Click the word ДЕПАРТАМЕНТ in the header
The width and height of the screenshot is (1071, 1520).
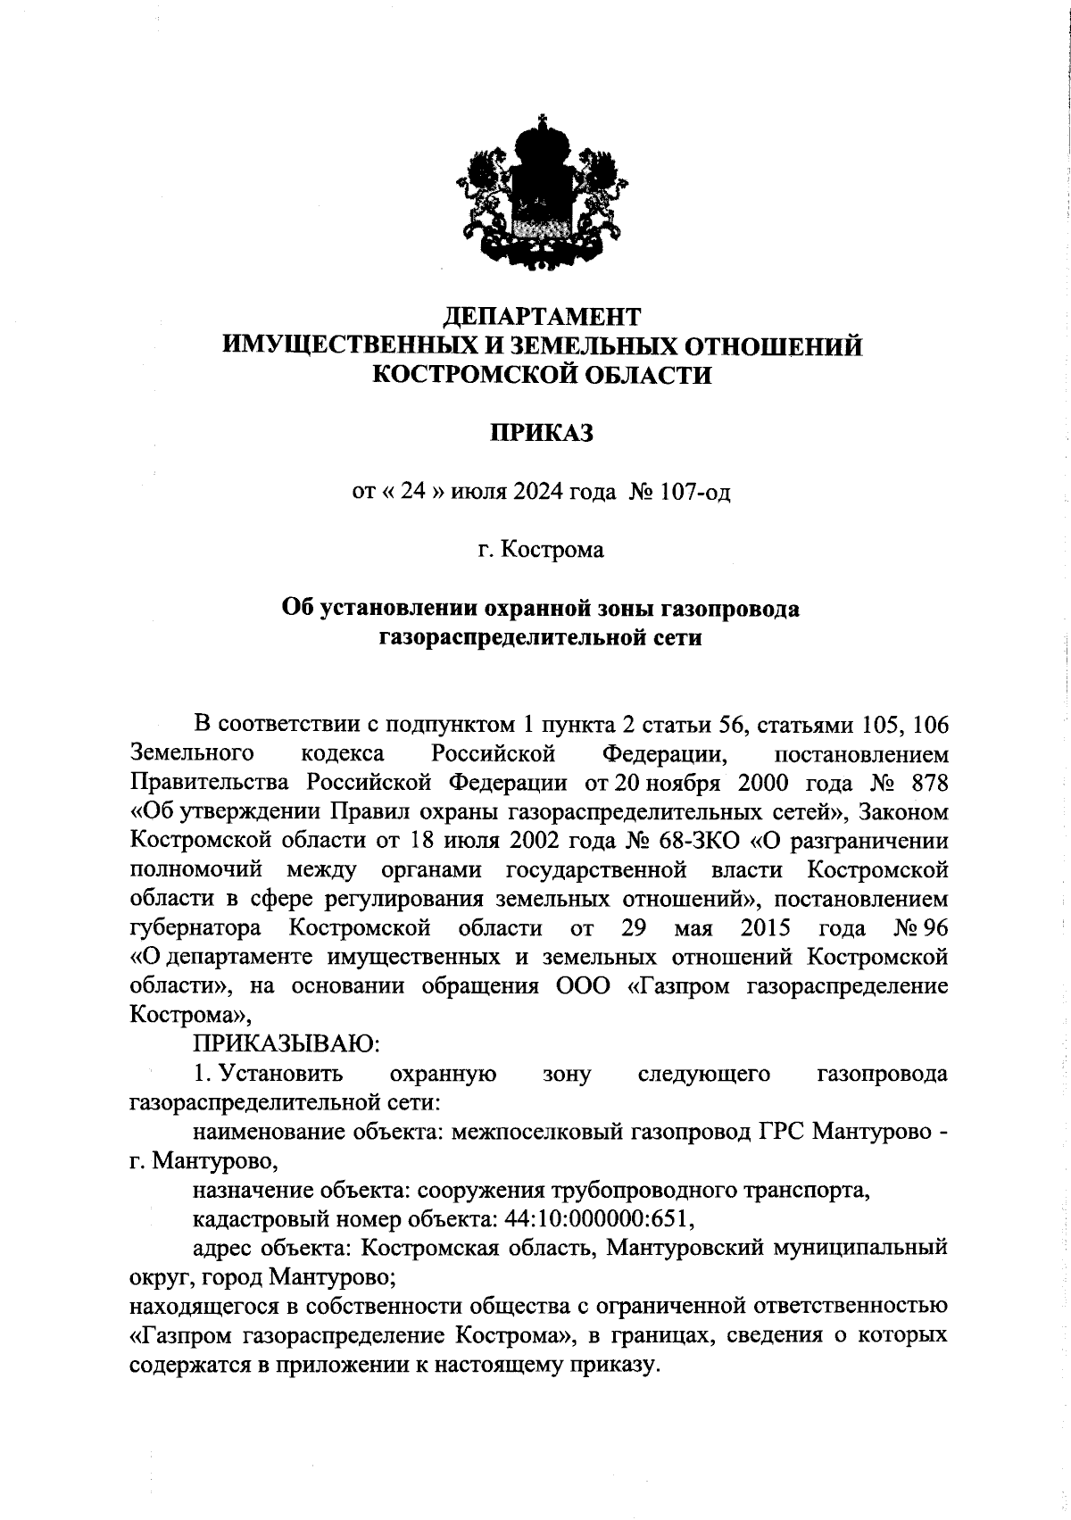pyautogui.click(x=542, y=317)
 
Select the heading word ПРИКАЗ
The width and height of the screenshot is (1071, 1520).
pyautogui.click(x=542, y=433)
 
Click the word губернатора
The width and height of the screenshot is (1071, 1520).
pyautogui.click(x=195, y=928)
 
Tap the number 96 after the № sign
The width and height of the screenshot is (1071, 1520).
pyautogui.click(x=935, y=928)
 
